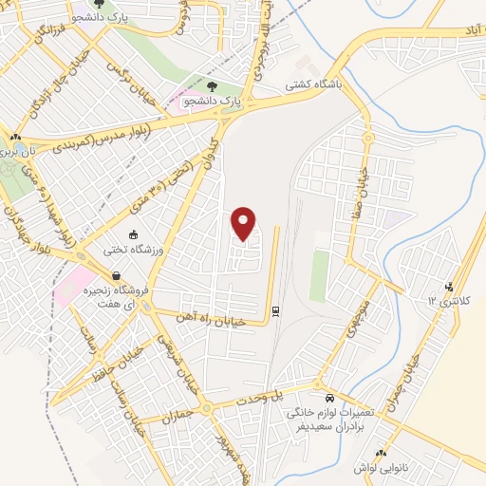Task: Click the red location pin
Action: [x=245, y=222]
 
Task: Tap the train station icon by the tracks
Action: [x=275, y=309]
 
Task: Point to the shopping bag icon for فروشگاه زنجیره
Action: [x=116, y=276]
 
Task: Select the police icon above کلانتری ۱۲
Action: [x=450, y=286]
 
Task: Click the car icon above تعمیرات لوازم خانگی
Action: [x=329, y=399]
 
